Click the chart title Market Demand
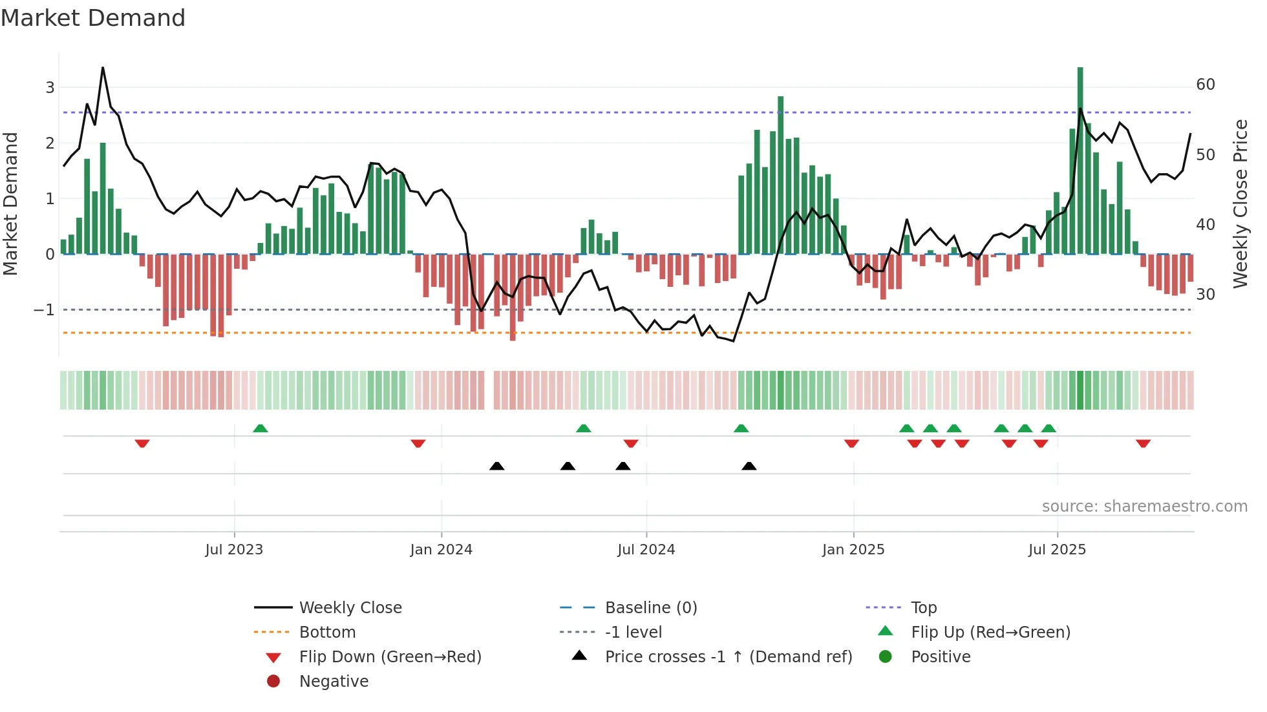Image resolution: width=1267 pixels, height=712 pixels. click(93, 18)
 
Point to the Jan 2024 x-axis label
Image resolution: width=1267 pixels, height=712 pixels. click(442, 550)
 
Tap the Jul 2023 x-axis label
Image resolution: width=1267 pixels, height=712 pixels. click(234, 550)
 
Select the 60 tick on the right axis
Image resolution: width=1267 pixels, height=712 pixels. click(1206, 85)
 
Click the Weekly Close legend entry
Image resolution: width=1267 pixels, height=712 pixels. click(350, 608)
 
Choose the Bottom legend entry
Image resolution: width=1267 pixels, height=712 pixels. click(327, 633)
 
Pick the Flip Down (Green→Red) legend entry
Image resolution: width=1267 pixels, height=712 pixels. click(390, 657)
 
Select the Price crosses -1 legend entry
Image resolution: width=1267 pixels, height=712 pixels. click(728, 657)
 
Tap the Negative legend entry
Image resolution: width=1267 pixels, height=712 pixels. click(334, 682)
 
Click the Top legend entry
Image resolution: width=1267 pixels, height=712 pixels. click(924, 608)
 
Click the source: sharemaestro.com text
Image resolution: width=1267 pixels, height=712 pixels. click(1144, 507)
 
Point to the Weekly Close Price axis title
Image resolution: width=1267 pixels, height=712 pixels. click(1240, 204)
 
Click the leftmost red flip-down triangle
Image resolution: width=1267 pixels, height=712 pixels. click(142, 443)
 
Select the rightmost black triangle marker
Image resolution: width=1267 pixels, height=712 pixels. click(749, 466)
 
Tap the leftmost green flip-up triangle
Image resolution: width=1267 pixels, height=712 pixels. click(260, 428)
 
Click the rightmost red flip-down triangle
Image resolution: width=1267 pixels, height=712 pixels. click(1143, 443)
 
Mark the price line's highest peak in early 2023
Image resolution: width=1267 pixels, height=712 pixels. click(103, 68)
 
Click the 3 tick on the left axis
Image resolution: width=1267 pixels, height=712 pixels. click(50, 87)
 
